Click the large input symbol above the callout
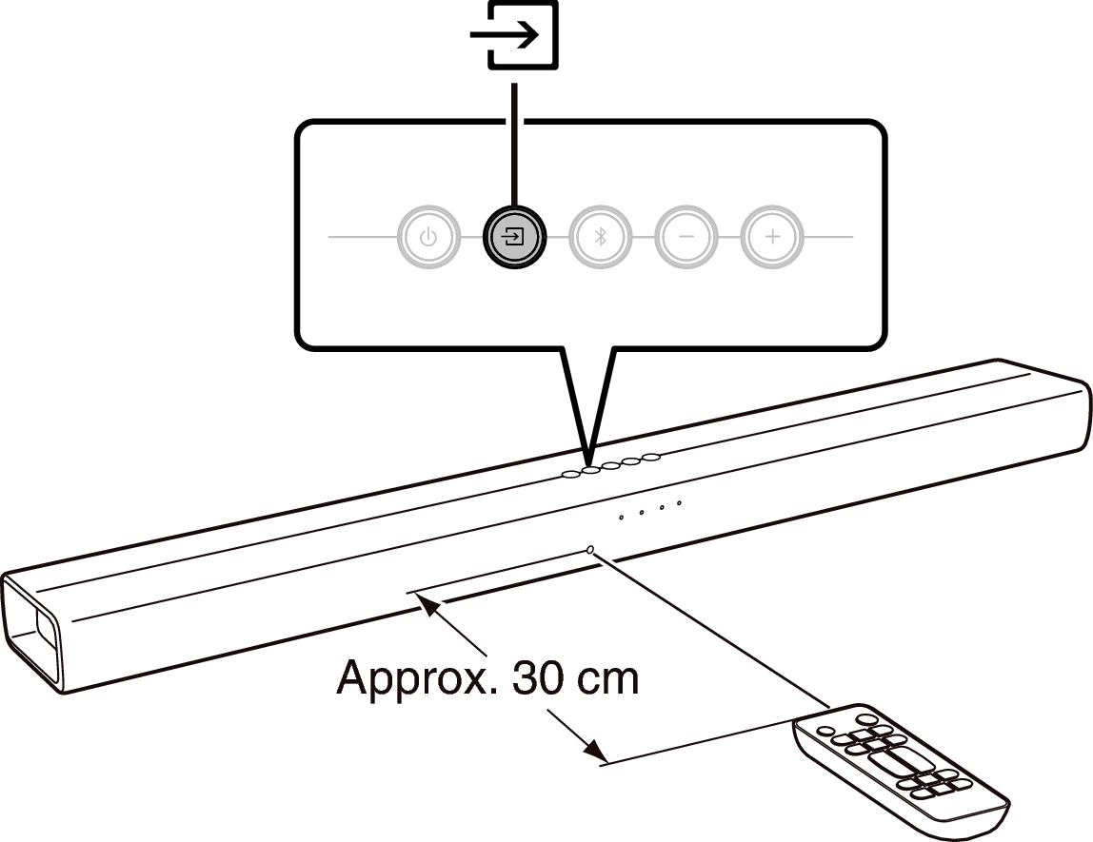click(514, 34)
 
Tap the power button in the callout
click(428, 238)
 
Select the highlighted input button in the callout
click(514, 238)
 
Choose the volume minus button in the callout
click(686, 238)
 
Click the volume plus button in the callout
click(772, 238)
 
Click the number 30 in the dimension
click(536, 676)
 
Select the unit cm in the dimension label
click(606, 678)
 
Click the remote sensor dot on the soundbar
click(591, 550)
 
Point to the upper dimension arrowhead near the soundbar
click(428, 607)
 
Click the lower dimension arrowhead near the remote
click(594, 751)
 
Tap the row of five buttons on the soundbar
click(610, 465)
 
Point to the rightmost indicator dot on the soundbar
click(679, 503)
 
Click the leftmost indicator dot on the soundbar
click(621, 518)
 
